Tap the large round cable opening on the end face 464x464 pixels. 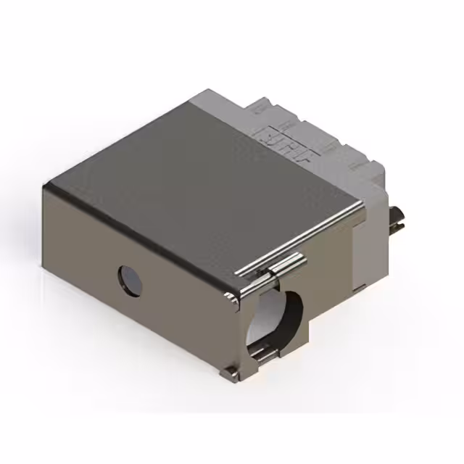point(275,319)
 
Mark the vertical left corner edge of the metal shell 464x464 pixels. point(46,239)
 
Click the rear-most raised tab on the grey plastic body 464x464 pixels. point(261,109)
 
